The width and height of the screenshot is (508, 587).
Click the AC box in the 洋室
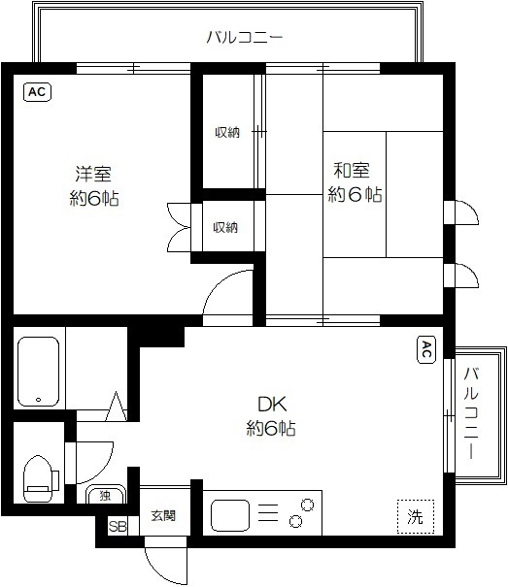tap(36, 92)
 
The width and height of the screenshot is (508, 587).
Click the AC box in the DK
tap(425, 351)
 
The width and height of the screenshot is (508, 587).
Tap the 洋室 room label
tap(93, 175)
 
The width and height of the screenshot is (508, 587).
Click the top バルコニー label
tap(244, 38)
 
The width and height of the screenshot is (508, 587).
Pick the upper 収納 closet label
tap(226, 132)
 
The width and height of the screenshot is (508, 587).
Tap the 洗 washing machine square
tap(415, 515)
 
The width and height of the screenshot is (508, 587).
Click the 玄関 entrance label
tap(162, 516)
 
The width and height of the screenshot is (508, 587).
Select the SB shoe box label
tap(117, 527)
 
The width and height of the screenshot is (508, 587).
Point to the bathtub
tap(40, 371)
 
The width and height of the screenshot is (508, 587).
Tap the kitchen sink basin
tap(231, 514)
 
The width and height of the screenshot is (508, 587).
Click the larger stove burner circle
tap(308, 505)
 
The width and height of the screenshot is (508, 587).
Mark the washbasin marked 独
tap(105, 497)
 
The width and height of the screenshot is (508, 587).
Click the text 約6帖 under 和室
tap(355, 195)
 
